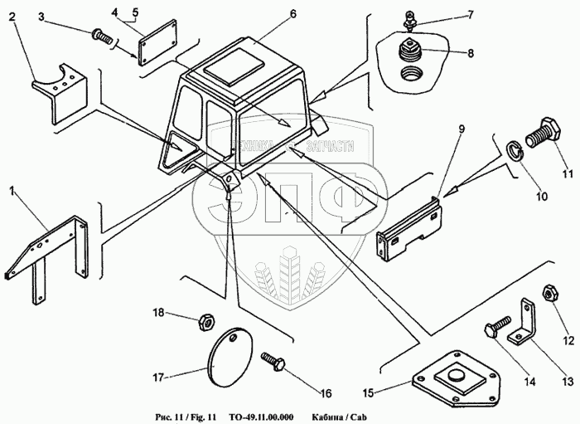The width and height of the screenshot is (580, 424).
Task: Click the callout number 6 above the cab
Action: pos(269,15)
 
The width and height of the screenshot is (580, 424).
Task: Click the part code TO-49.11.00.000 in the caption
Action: pos(262,416)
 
